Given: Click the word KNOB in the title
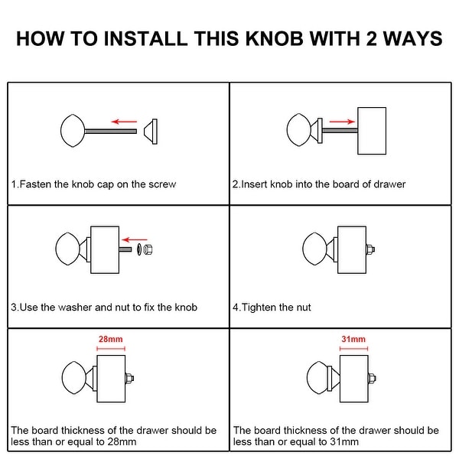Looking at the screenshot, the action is (275, 39).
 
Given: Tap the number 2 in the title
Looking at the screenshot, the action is (371, 39).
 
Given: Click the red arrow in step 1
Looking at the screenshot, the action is (124, 122).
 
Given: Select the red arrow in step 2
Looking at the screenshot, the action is (342, 122).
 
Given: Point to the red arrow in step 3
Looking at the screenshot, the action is (135, 240).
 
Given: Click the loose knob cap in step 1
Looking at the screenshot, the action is (151, 132).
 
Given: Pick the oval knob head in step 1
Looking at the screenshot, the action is (73, 131).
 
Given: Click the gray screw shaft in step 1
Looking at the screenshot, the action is (111, 132).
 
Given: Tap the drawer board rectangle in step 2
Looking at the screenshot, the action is (372, 131).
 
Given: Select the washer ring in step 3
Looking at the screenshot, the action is (139, 249).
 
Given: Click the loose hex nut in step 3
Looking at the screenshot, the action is (148, 249).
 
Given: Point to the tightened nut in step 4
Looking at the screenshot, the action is (370, 249).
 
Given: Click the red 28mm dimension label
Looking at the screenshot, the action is (111, 339).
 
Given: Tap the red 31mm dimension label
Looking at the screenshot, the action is (353, 339).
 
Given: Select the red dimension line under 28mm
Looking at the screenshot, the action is (111, 349).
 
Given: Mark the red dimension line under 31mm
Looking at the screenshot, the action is (353, 349).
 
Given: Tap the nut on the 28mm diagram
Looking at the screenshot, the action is (130, 378).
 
